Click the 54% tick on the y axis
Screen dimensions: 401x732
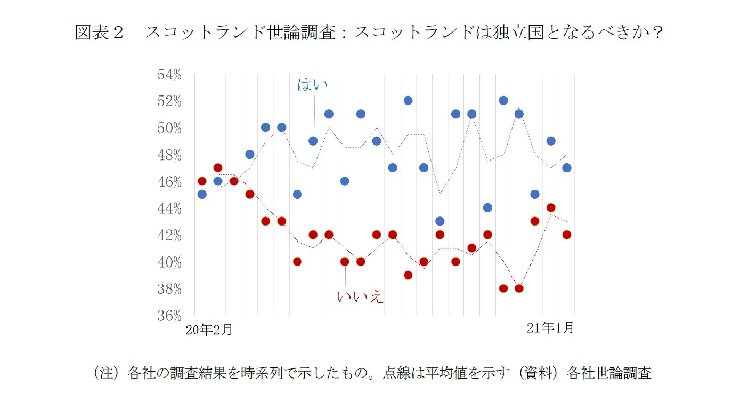pyautogui.click(x=169, y=75)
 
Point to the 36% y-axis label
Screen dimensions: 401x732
pyautogui.click(x=169, y=315)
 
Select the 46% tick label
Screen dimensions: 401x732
pyautogui.click(x=169, y=182)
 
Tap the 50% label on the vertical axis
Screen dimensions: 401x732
pyautogui.click(x=169, y=129)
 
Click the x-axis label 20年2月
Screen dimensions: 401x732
pyautogui.click(x=208, y=330)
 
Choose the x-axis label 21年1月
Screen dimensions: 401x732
pyautogui.click(x=550, y=328)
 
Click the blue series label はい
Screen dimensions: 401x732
pyautogui.click(x=312, y=84)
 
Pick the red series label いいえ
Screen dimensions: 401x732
pyautogui.click(x=360, y=296)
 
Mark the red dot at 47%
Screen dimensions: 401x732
pyautogui.click(x=217, y=168)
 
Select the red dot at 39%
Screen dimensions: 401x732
pyautogui.click(x=408, y=275)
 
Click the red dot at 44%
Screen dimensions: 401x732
pyautogui.click(x=551, y=208)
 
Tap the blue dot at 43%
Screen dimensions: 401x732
pyautogui.click(x=440, y=221)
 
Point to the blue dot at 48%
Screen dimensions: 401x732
pyautogui.click(x=249, y=155)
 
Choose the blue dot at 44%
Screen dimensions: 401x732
pyautogui.click(x=487, y=207)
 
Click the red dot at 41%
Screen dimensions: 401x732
pyautogui.click(x=471, y=248)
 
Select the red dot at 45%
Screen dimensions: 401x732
pyautogui.click(x=249, y=194)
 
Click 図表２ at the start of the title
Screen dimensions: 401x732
pyautogui.click(x=100, y=33)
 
